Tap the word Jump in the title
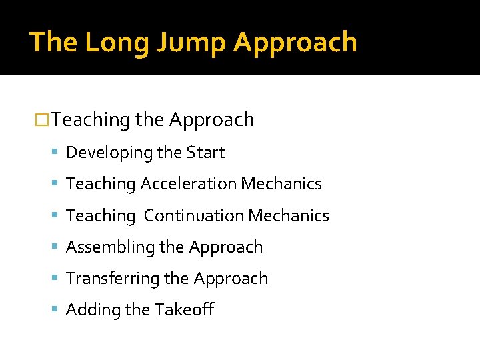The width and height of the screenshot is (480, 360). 181,42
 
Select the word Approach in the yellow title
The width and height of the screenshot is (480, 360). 295,42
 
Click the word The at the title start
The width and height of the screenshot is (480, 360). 53,42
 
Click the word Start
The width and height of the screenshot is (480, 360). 205,153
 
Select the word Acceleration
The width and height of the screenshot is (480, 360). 189,184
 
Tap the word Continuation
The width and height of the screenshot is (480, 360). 194,215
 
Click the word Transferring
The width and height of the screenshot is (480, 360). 110,279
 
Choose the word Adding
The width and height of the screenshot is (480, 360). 89,310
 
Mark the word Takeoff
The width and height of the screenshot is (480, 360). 184,310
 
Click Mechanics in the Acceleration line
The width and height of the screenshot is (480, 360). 281,184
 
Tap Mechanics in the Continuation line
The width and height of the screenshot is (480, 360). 289,215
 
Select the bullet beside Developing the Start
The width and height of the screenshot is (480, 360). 57,153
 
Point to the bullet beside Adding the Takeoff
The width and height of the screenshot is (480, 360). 57,310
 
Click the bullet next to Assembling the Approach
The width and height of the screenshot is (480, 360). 57,247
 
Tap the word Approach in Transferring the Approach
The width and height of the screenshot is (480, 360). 235,279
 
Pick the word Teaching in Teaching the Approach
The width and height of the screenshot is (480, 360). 91,120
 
